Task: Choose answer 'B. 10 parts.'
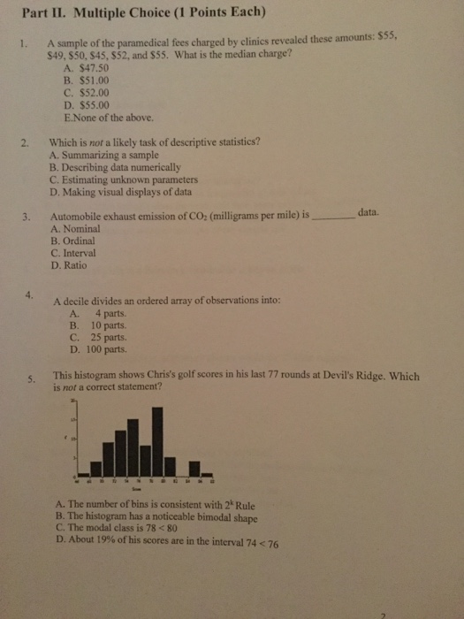96,325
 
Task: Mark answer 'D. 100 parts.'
98,348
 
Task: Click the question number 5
31,378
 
